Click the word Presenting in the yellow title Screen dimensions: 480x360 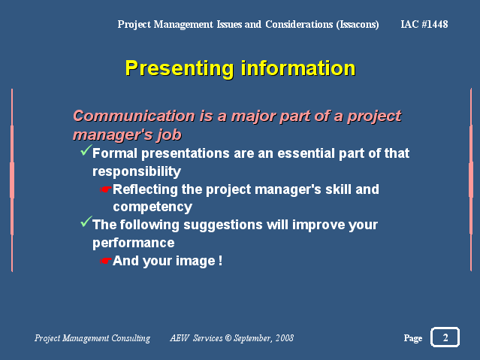point(180,69)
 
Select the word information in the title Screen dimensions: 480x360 point(298,68)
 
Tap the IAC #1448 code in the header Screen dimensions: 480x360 point(424,24)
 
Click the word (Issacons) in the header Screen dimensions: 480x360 point(358,25)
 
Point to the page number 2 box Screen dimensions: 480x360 point(445,337)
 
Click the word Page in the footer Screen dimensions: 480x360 point(413,338)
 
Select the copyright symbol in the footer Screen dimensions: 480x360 point(228,338)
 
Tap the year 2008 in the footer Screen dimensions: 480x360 point(285,338)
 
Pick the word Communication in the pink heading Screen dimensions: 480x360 point(134,116)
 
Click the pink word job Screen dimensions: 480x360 point(169,135)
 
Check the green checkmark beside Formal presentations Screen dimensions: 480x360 point(86,150)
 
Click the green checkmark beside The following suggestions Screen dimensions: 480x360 point(86,222)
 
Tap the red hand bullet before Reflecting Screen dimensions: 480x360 point(106,189)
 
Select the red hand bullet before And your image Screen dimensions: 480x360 point(106,261)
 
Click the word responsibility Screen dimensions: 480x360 point(137,171)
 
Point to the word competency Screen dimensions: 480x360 point(152,207)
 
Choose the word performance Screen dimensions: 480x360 point(134,244)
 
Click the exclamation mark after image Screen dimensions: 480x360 point(220,261)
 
